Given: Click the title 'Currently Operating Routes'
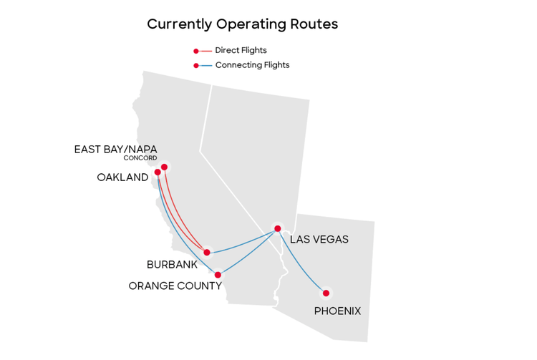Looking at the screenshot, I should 242,24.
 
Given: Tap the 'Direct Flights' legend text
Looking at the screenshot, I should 241,51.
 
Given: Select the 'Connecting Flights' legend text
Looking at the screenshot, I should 252,65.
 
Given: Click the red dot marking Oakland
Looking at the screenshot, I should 158,172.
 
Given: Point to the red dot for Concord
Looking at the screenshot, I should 165,167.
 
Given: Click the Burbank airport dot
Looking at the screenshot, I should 207,252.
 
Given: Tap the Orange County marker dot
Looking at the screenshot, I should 218,274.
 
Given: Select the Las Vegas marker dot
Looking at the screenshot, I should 277,229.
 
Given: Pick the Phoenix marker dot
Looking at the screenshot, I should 326,293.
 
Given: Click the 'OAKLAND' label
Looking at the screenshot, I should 122,177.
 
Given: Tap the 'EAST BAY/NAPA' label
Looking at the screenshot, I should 115,149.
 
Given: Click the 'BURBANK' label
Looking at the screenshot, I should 172,265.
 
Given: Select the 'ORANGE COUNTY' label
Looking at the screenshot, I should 175,286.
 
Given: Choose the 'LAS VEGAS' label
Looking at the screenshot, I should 319,239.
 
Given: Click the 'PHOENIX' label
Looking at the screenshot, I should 337,311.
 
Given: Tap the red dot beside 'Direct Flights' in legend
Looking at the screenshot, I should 196,51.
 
